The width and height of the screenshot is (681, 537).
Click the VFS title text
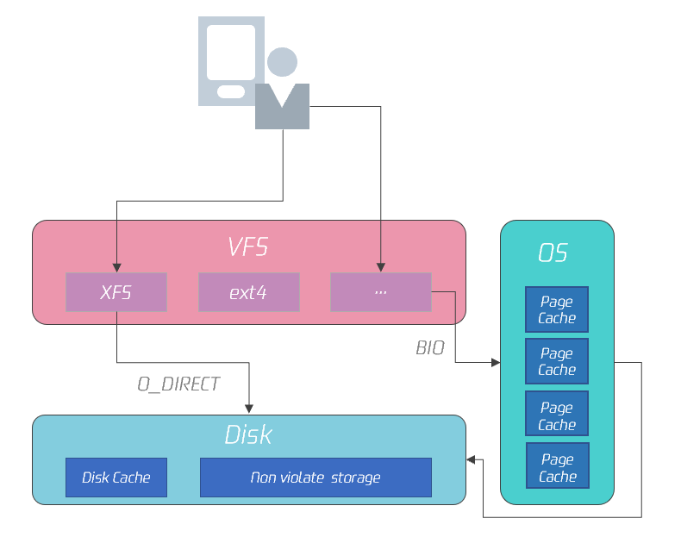[248, 247]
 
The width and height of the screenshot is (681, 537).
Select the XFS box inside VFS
[116, 292]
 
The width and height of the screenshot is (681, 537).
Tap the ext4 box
[248, 292]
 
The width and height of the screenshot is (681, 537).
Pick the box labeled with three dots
[381, 292]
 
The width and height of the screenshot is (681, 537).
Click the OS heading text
[553, 253]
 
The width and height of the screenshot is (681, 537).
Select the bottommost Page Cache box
[557, 468]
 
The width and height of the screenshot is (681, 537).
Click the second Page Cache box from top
[557, 361]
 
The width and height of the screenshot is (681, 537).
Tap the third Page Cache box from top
[557, 415]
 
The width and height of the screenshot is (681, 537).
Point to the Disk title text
[248, 434]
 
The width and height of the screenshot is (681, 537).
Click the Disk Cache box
[116, 478]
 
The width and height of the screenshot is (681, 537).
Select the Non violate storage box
[316, 478]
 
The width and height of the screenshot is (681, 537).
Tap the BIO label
[430, 348]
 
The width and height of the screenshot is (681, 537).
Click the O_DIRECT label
[178, 384]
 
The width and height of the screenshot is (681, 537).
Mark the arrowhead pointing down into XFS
[116, 268]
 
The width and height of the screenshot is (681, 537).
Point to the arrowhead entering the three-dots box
[381, 268]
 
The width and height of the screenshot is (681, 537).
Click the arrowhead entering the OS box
[496, 363]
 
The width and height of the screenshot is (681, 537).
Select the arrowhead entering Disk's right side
[471, 460]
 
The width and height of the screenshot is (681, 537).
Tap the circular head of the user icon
[282, 62]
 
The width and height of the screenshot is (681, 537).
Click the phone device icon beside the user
[231, 60]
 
